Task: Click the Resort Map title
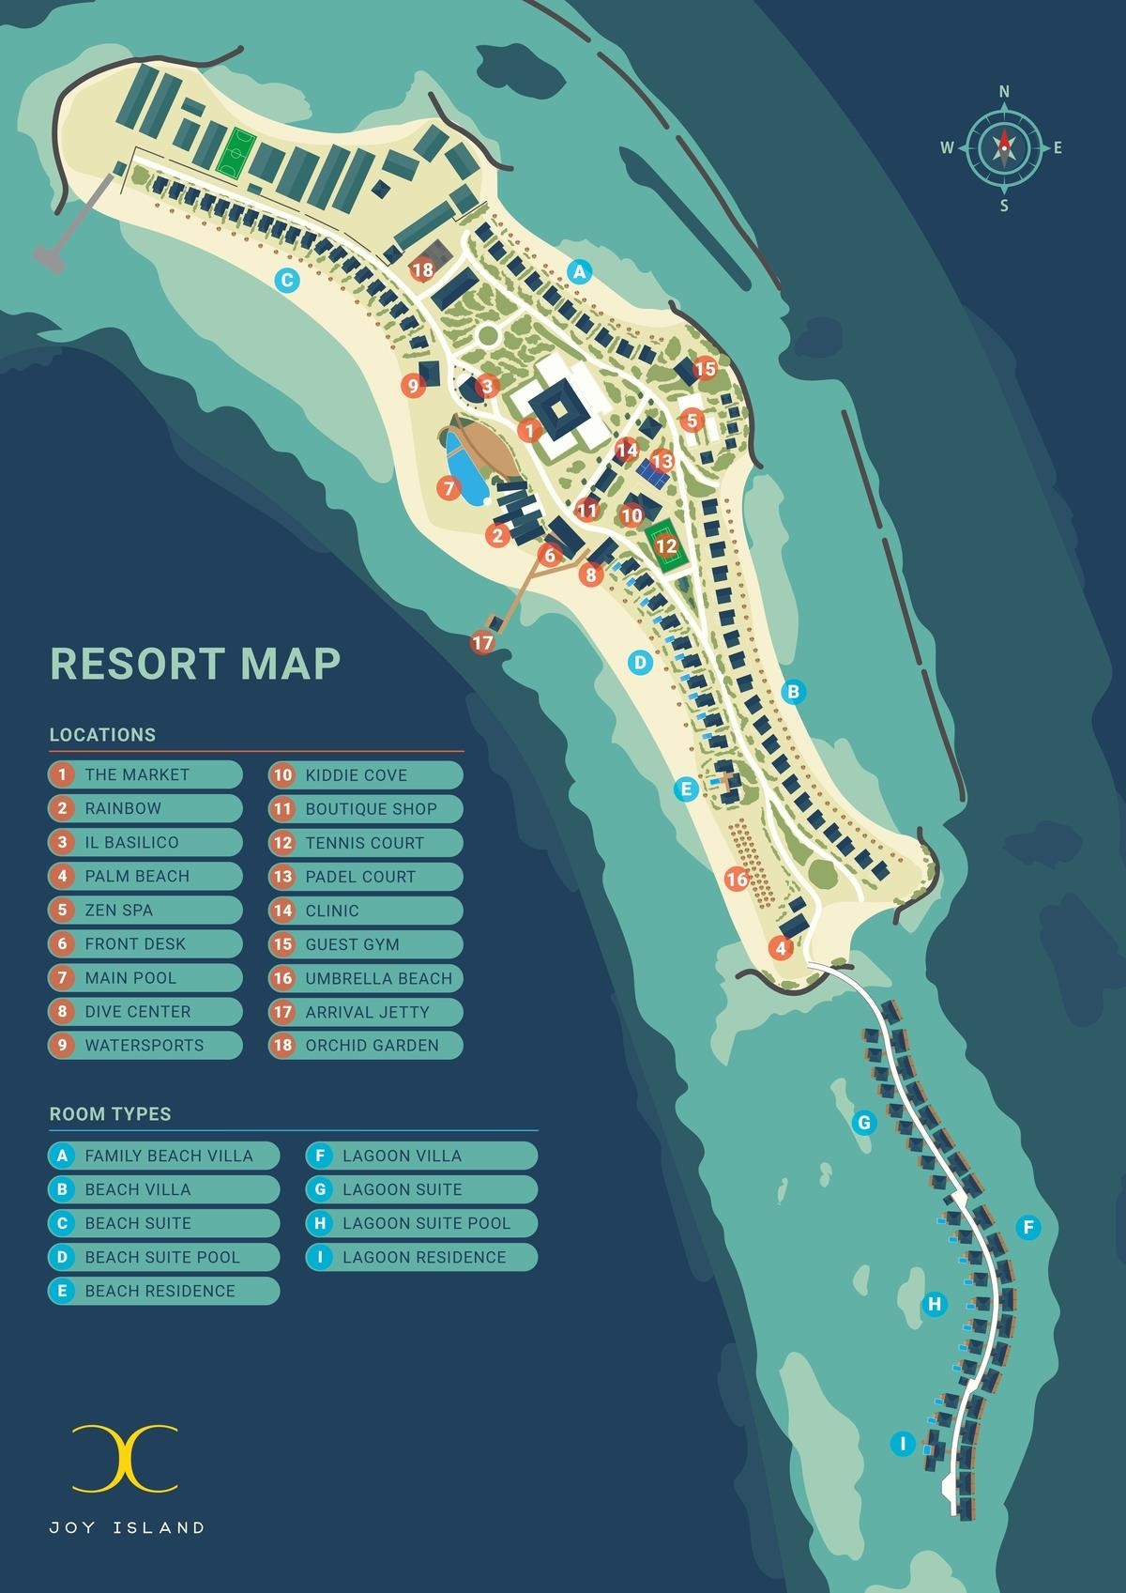[x=194, y=663]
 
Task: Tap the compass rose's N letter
[x=1004, y=92]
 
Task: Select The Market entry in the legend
[x=145, y=774]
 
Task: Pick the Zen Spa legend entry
[x=145, y=910]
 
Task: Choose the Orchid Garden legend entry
[x=366, y=1045]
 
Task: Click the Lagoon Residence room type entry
[x=422, y=1257]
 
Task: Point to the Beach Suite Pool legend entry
[x=163, y=1257]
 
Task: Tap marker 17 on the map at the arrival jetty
[x=482, y=643]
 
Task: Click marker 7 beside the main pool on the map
[x=448, y=487]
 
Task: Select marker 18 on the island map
[x=422, y=270]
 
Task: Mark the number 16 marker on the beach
[x=737, y=880]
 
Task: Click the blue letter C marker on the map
[x=287, y=279]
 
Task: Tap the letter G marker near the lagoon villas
[x=864, y=1122]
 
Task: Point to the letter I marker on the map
[x=903, y=1444]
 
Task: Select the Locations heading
[x=102, y=735]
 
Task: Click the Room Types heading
[x=110, y=1114]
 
